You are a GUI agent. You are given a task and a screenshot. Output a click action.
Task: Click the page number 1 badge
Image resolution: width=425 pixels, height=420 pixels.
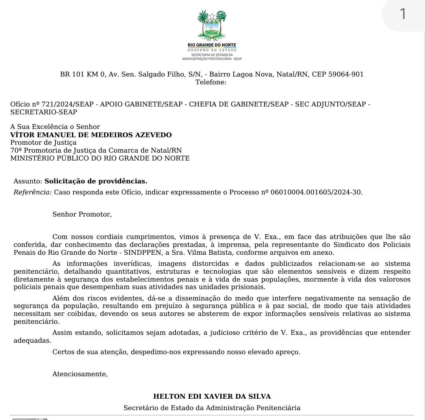click(x=402, y=14)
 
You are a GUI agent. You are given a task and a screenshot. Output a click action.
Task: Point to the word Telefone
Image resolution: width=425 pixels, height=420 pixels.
click(x=211, y=82)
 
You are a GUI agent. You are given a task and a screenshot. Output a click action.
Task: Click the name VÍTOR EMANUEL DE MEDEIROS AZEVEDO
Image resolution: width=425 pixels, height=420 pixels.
click(x=91, y=135)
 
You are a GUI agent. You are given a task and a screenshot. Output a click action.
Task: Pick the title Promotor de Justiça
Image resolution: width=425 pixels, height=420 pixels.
click(x=43, y=142)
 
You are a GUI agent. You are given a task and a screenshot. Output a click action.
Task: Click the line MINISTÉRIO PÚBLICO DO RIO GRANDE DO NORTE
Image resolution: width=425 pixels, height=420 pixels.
click(x=100, y=158)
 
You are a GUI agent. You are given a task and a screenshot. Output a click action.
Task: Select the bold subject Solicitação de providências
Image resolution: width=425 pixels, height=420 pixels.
click(x=96, y=181)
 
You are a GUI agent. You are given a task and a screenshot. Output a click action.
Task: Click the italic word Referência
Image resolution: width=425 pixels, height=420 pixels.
click(x=32, y=192)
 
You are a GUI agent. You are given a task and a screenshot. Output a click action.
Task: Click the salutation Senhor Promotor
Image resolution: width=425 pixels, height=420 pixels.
click(x=82, y=214)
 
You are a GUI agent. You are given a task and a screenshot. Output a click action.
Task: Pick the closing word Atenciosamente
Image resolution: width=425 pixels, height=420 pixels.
click(x=80, y=374)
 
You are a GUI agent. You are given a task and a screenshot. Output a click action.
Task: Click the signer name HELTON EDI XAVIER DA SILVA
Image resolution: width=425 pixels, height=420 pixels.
click(x=212, y=396)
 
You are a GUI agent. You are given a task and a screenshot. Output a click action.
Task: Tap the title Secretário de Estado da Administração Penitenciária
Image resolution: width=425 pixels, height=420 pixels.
click(x=212, y=408)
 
